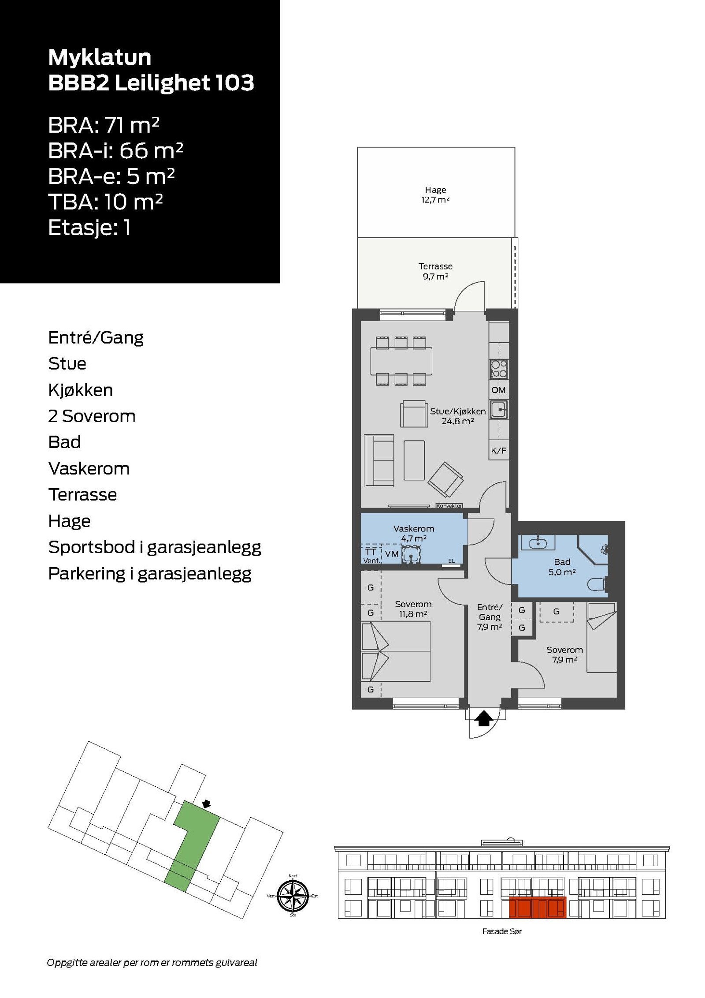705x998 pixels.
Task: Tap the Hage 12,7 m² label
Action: click(435, 194)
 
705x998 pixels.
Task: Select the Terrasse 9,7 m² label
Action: click(435, 271)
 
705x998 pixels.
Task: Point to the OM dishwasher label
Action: click(498, 390)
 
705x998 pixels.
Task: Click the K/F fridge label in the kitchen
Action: click(498, 451)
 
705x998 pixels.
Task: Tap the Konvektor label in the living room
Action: click(449, 506)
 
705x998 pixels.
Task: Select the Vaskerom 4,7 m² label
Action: click(414, 533)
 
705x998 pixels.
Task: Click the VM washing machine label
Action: click(392, 554)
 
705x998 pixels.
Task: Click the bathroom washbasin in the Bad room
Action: click(536, 543)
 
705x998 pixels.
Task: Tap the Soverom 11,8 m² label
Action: click(413, 609)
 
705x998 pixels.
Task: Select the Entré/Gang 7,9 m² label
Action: click(490, 617)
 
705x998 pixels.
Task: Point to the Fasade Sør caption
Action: click(501, 931)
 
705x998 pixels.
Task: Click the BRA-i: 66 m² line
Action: click(115, 151)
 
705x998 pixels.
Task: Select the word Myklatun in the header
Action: click(100, 57)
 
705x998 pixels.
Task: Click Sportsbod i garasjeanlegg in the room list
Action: click(155, 547)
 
